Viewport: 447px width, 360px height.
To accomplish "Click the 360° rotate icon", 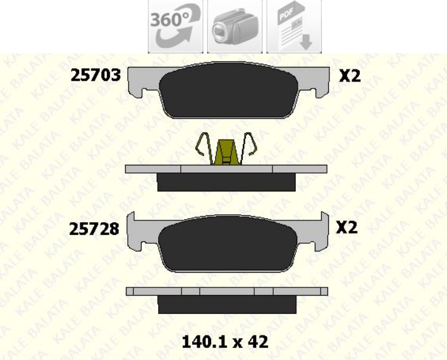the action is point(175,26).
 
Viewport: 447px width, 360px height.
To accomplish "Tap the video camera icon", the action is point(235,26).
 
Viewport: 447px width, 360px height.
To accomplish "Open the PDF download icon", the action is point(294,26).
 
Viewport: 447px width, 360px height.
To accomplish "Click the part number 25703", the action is point(95,76).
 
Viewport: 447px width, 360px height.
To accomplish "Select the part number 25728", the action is point(94,229).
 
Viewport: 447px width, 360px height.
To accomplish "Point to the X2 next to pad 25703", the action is point(350,76).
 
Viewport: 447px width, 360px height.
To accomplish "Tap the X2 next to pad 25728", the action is point(346,227).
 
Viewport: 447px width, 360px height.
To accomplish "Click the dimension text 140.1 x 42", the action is point(225,342).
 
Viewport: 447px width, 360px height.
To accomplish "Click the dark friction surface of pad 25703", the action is point(229,90).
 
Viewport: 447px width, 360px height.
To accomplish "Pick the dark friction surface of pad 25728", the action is point(228,244).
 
